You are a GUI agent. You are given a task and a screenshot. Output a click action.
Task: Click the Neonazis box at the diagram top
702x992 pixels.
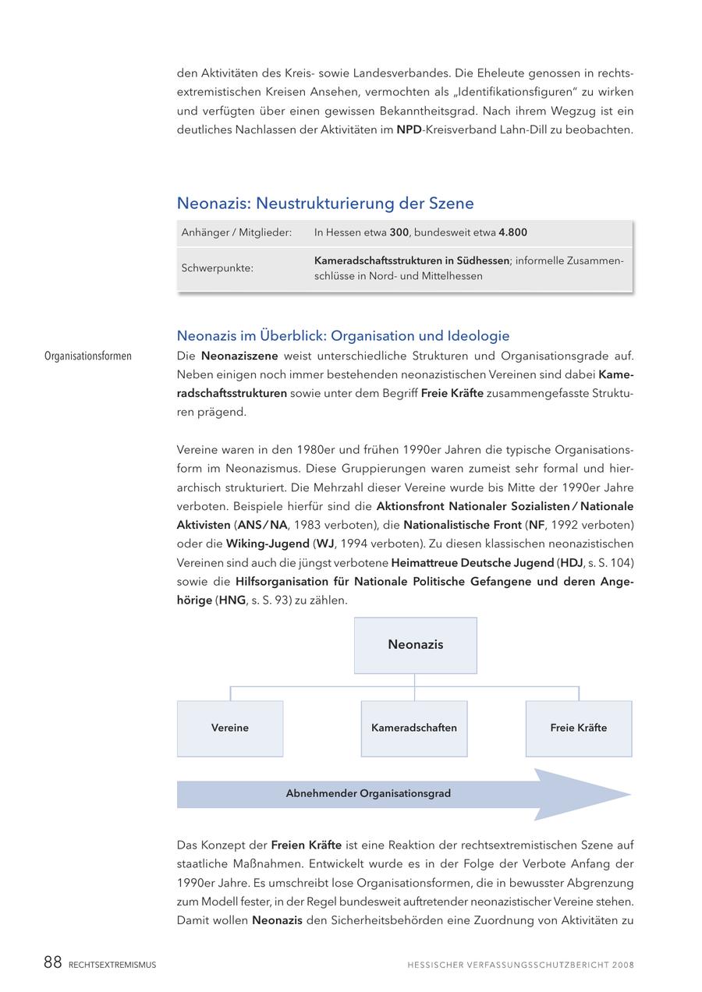pos(415,645)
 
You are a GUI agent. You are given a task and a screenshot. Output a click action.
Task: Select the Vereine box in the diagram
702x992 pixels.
pos(230,728)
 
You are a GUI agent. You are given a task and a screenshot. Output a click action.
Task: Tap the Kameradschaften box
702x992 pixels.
pos(414,728)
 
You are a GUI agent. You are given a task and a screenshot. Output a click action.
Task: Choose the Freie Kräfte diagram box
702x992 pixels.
pos(578,728)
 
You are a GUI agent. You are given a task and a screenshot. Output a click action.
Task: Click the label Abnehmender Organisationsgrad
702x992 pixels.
pos(368,794)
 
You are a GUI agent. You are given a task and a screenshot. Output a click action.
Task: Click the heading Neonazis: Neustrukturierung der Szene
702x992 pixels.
pos(325,204)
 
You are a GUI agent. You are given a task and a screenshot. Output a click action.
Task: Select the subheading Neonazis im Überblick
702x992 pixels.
pos(343,336)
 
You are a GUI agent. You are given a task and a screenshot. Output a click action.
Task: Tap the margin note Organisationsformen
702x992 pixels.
pos(88,356)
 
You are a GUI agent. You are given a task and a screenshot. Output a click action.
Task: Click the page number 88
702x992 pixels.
pos(52,963)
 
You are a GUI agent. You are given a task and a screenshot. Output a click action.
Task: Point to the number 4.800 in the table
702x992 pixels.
pos(513,232)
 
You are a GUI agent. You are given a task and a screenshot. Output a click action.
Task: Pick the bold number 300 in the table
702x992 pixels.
pos(399,232)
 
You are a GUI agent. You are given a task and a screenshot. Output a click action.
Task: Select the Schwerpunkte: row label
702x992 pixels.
pos(218,268)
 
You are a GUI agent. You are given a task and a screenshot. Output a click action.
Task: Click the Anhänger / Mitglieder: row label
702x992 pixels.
pos(236,232)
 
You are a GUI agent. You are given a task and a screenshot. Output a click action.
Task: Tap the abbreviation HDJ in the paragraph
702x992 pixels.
pos(571,563)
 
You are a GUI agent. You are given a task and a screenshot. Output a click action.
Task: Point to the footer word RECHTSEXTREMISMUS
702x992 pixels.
pos(112,965)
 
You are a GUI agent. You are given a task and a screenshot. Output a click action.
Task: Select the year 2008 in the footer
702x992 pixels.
pos(623,965)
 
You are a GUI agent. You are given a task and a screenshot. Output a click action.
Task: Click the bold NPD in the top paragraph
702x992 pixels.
pos(409,130)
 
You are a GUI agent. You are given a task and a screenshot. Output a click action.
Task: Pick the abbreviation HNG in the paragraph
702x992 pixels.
pos(232,601)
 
